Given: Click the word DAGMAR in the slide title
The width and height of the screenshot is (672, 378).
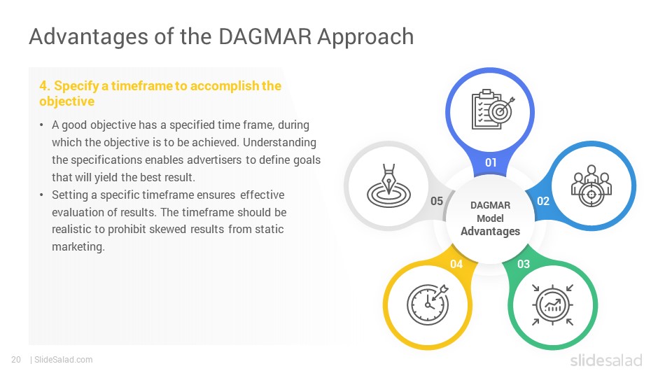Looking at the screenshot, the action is click(265, 36).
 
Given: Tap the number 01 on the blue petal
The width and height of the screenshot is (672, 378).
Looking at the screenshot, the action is click(491, 163).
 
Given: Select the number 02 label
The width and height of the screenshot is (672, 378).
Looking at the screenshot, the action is click(543, 201).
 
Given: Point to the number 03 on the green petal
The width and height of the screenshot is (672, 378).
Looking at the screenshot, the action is click(524, 264).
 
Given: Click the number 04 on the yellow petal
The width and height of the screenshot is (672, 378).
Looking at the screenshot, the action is click(456, 264).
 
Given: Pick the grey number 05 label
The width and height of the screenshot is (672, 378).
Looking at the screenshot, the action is click(437, 201).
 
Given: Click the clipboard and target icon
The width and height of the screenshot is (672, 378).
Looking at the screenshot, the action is click(493, 109).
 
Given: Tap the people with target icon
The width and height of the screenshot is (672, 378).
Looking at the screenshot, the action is click(591, 186).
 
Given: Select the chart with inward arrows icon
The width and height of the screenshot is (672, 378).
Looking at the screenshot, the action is click(552, 305).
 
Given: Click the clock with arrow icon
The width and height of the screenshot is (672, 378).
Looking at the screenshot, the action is click(427, 304).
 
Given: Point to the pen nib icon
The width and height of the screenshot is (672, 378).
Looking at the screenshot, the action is click(388, 186).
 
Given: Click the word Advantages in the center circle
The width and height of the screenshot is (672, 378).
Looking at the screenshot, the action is click(490, 232).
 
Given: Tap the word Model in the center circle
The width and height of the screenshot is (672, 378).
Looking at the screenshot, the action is click(490, 218).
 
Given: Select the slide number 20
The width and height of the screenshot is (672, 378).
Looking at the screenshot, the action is click(16, 360).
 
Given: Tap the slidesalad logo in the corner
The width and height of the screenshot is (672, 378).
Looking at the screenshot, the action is click(606, 360).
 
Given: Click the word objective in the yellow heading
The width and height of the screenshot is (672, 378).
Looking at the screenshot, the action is click(67, 101).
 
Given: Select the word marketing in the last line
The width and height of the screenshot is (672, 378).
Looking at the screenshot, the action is click(78, 247).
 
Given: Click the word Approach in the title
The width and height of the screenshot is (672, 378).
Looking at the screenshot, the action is click(365, 37).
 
